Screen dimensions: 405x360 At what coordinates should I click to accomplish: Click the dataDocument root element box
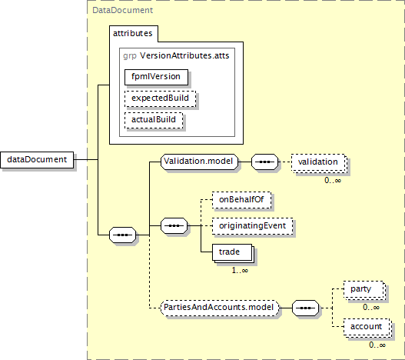37,159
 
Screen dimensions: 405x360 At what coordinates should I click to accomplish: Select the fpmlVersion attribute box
156,77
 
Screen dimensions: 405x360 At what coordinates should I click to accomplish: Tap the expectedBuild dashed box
160,98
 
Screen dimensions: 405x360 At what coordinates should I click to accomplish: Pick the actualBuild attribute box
154,120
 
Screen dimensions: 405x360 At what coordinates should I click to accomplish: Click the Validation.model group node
199,162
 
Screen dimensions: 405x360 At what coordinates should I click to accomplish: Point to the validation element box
319,163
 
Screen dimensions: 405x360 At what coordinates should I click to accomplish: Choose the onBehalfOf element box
241,200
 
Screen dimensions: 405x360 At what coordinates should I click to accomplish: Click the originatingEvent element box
252,226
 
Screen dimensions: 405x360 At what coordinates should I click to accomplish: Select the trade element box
233,253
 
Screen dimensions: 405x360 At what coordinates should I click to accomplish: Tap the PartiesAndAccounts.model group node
220,308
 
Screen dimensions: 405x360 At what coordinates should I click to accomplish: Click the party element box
365,290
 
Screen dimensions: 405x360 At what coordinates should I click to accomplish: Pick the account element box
367,328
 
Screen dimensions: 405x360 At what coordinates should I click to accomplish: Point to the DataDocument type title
122,10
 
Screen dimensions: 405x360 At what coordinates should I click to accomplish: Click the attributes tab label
132,33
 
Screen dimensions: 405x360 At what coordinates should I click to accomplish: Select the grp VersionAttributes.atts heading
176,55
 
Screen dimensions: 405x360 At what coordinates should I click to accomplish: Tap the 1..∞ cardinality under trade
240,271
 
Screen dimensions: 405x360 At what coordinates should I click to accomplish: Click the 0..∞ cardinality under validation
333,180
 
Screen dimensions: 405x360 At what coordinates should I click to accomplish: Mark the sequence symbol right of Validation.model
264,162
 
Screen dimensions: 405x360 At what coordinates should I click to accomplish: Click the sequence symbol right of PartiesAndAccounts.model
306,308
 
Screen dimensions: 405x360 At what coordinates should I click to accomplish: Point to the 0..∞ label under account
377,345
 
